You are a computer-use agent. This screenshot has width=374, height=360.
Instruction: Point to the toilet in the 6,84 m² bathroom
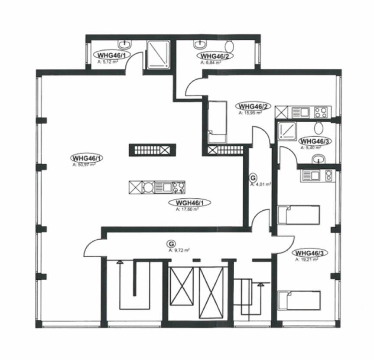(230, 46)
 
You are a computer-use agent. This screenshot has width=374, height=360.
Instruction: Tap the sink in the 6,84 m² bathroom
(201, 44)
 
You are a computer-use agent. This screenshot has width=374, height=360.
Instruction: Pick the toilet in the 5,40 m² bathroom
(319, 128)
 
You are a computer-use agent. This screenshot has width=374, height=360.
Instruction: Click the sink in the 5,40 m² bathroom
(319, 158)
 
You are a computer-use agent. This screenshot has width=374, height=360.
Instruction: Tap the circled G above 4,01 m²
(254, 178)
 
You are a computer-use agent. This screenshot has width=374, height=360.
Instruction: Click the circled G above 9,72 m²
(176, 244)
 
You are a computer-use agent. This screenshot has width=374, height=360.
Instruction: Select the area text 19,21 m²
(307, 259)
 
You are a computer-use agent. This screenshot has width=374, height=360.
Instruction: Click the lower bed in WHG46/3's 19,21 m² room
(299, 300)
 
